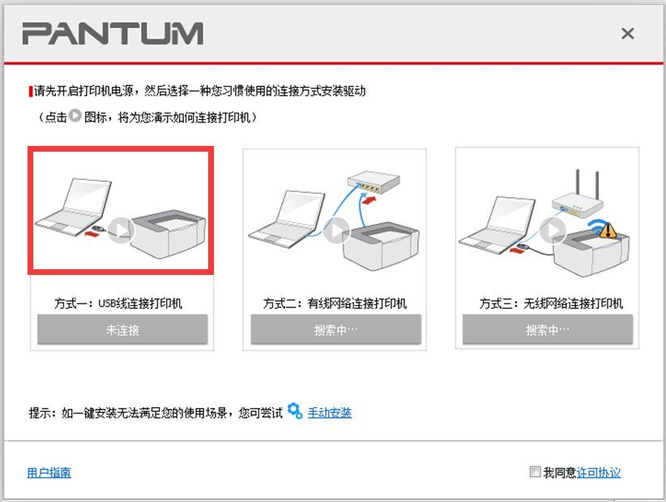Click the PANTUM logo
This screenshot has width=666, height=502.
(112, 34)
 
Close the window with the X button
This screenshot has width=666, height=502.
(626, 34)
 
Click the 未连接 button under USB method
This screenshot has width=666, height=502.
(122, 330)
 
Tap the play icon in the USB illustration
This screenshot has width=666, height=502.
(120, 230)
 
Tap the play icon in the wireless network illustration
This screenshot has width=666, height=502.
(553, 230)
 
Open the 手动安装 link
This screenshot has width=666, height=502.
(329, 413)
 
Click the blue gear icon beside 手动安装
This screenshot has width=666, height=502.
(295, 411)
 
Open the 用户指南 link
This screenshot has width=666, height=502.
(49, 472)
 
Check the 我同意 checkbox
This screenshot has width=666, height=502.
(534, 472)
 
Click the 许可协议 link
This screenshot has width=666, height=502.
(599, 472)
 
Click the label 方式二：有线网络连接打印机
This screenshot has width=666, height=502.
(335, 304)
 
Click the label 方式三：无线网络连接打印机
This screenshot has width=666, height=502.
(550, 304)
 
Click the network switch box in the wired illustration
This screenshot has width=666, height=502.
(374, 186)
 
